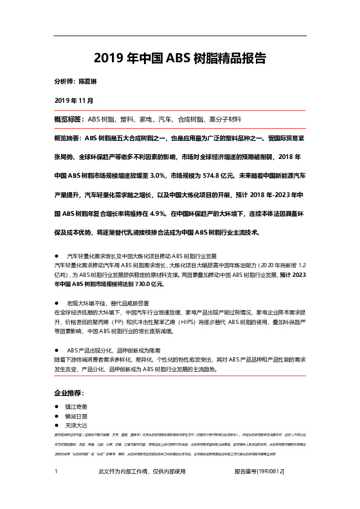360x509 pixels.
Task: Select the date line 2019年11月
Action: click(x=74, y=100)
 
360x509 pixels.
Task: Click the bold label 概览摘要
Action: click(x=69, y=138)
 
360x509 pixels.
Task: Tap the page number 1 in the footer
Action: click(x=56, y=488)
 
